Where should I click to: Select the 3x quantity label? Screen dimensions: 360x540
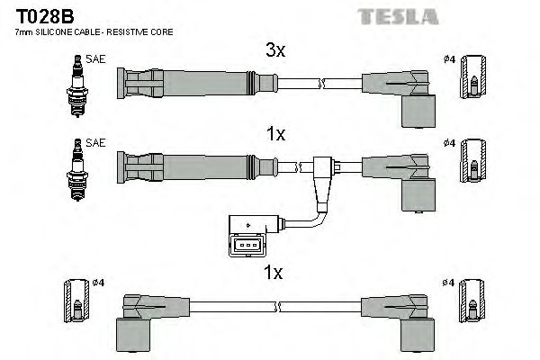[275, 51]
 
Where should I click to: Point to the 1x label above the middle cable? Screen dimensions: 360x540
[275, 134]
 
